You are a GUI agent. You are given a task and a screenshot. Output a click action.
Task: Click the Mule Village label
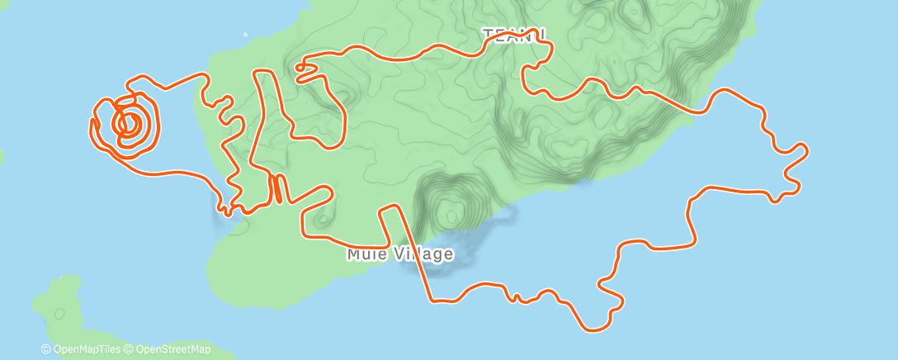[399, 253]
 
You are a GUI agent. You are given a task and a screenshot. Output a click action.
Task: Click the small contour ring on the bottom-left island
[59, 314]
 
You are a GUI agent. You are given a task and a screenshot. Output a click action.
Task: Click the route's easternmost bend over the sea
[806, 150]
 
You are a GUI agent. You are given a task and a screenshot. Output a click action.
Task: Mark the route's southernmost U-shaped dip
[591, 325]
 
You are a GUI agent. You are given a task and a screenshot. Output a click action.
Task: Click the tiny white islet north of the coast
[245, 35]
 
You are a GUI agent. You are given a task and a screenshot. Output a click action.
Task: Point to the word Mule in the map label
[363, 253]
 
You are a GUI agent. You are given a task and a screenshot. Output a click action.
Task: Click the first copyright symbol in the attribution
[45, 349]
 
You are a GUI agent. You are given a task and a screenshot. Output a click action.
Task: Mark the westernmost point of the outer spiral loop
[90, 126]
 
